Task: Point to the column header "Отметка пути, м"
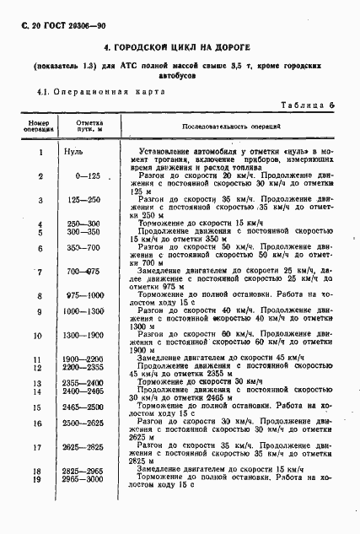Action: tap(89, 127)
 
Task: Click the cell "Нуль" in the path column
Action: tap(88, 152)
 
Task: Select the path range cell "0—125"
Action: tap(88, 175)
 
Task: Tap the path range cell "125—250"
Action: tap(88, 200)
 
